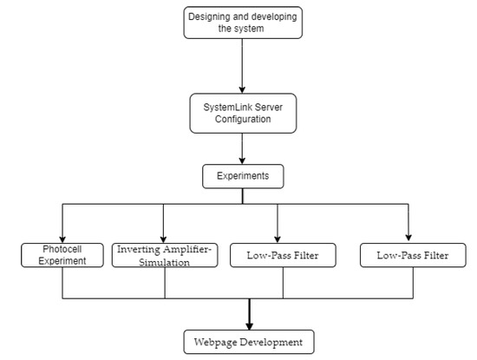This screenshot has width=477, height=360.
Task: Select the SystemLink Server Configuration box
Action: [243, 111]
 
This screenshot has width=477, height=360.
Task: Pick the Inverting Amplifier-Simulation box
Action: [164, 255]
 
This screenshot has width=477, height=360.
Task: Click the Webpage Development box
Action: [249, 341]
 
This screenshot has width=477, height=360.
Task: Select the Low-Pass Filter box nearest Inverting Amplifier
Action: [282, 255]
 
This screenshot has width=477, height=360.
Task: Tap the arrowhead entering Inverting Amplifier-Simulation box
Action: [163, 238]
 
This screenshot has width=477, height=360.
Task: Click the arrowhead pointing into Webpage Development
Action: [249, 324]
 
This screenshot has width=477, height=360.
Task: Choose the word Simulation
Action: [164, 262]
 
